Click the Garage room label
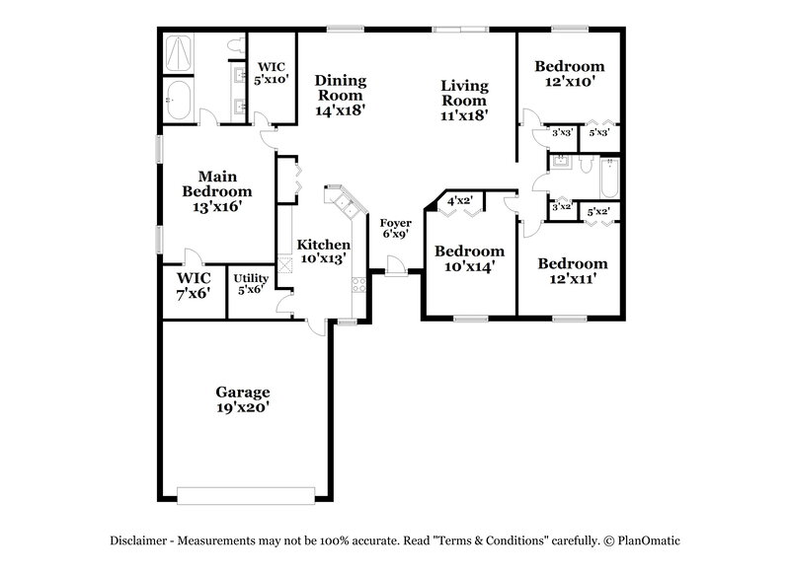click(x=243, y=399)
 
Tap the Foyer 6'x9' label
click(x=396, y=230)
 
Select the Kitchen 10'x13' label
click(x=324, y=251)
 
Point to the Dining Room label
click(x=341, y=95)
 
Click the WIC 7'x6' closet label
click(x=194, y=286)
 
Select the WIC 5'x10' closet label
click(x=271, y=72)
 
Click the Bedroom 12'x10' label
click(x=569, y=74)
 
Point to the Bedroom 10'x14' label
click(x=469, y=258)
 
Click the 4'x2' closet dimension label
click(x=459, y=201)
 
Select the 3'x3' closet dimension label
click(x=562, y=132)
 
